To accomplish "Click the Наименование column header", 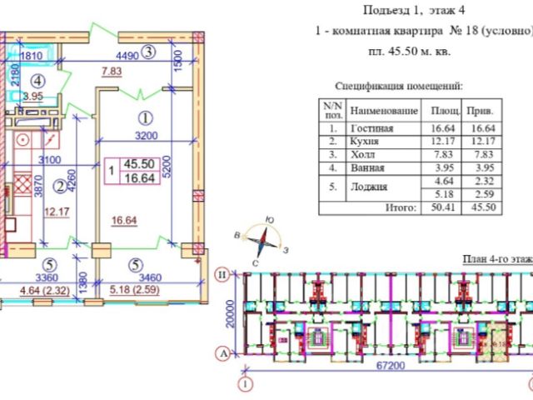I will [x=383, y=111].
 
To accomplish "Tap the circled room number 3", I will [x=148, y=52].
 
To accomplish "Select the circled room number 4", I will [x=37, y=81].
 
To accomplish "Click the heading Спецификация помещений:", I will [x=398, y=86].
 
